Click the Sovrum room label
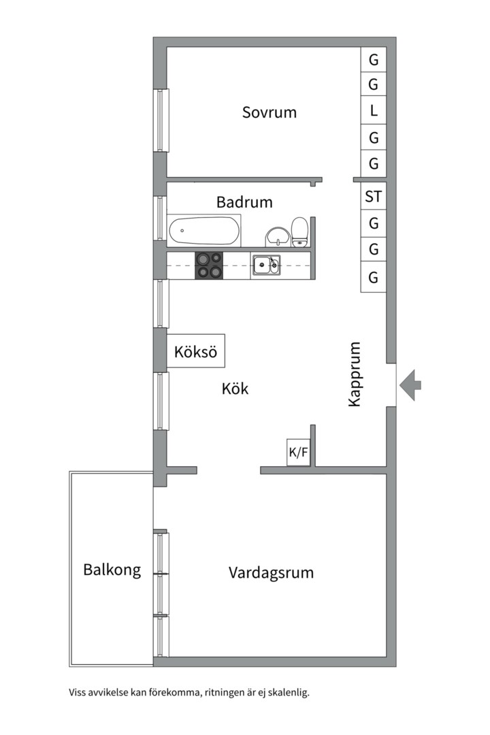click(x=269, y=112)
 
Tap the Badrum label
click(x=244, y=202)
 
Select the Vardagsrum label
click(x=271, y=572)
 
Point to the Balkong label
click(x=112, y=570)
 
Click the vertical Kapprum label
click(x=354, y=374)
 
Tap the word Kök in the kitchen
click(x=235, y=389)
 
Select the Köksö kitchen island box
click(x=195, y=352)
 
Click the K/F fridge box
click(x=299, y=452)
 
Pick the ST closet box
click(x=374, y=197)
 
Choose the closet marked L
click(x=374, y=111)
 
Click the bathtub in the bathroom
click(x=204, y=231)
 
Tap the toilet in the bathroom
click(x=299, y=231)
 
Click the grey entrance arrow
click(x=410, y=385)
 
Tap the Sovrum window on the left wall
click(x=161, y=120)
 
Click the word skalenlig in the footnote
click(x=289, y=693)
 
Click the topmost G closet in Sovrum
click(x=374, y=59)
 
